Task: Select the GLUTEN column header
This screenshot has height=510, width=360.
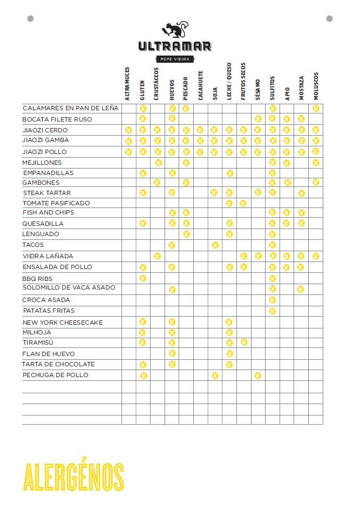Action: (142, 90)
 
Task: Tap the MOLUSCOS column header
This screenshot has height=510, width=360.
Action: (316, 86)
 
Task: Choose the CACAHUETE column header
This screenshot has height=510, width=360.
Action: (200, 85)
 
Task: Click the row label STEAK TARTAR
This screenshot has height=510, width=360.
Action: (47, 193)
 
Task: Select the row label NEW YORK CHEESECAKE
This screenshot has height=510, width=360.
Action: (63, 323)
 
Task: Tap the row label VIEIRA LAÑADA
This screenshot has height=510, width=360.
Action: (48, 256)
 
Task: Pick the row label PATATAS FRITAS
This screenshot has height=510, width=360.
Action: (49, 311)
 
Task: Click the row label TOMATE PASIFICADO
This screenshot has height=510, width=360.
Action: (56, 203)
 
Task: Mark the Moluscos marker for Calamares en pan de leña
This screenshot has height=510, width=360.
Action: (316, 109)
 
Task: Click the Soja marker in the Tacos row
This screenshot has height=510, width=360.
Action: (215, 245)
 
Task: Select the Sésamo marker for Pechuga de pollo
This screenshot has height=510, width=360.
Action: (257, 375)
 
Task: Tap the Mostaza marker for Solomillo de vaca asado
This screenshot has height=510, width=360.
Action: (301, 289)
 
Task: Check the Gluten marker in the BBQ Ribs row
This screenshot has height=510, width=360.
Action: (143, 278)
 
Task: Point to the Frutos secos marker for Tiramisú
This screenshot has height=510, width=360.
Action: (244, 343)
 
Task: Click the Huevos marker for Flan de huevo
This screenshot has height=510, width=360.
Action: (172, 353)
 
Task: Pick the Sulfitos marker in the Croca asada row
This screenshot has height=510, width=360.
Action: (272, 300)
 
